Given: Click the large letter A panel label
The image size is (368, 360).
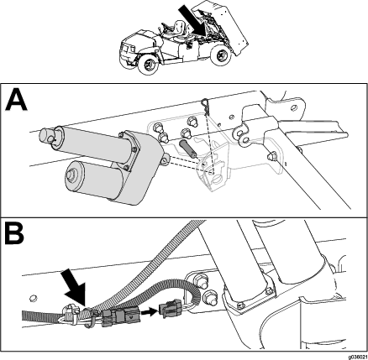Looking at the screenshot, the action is pos(16,100).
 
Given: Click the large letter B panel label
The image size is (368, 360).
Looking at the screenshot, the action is pos(14,232).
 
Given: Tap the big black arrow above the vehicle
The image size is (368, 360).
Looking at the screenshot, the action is pos(192,19).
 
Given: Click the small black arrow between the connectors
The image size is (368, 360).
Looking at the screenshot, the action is pos(149,311).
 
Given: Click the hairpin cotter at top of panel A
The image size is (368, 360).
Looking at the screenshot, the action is pos(206,106).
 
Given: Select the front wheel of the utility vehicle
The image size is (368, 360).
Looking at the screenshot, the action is pos(148,65).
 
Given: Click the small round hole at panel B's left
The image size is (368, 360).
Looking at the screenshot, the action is pos(33,298).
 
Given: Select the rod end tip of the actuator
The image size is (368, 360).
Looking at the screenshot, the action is pos(46,136).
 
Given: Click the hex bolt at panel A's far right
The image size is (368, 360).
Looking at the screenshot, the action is pos(272,155).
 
